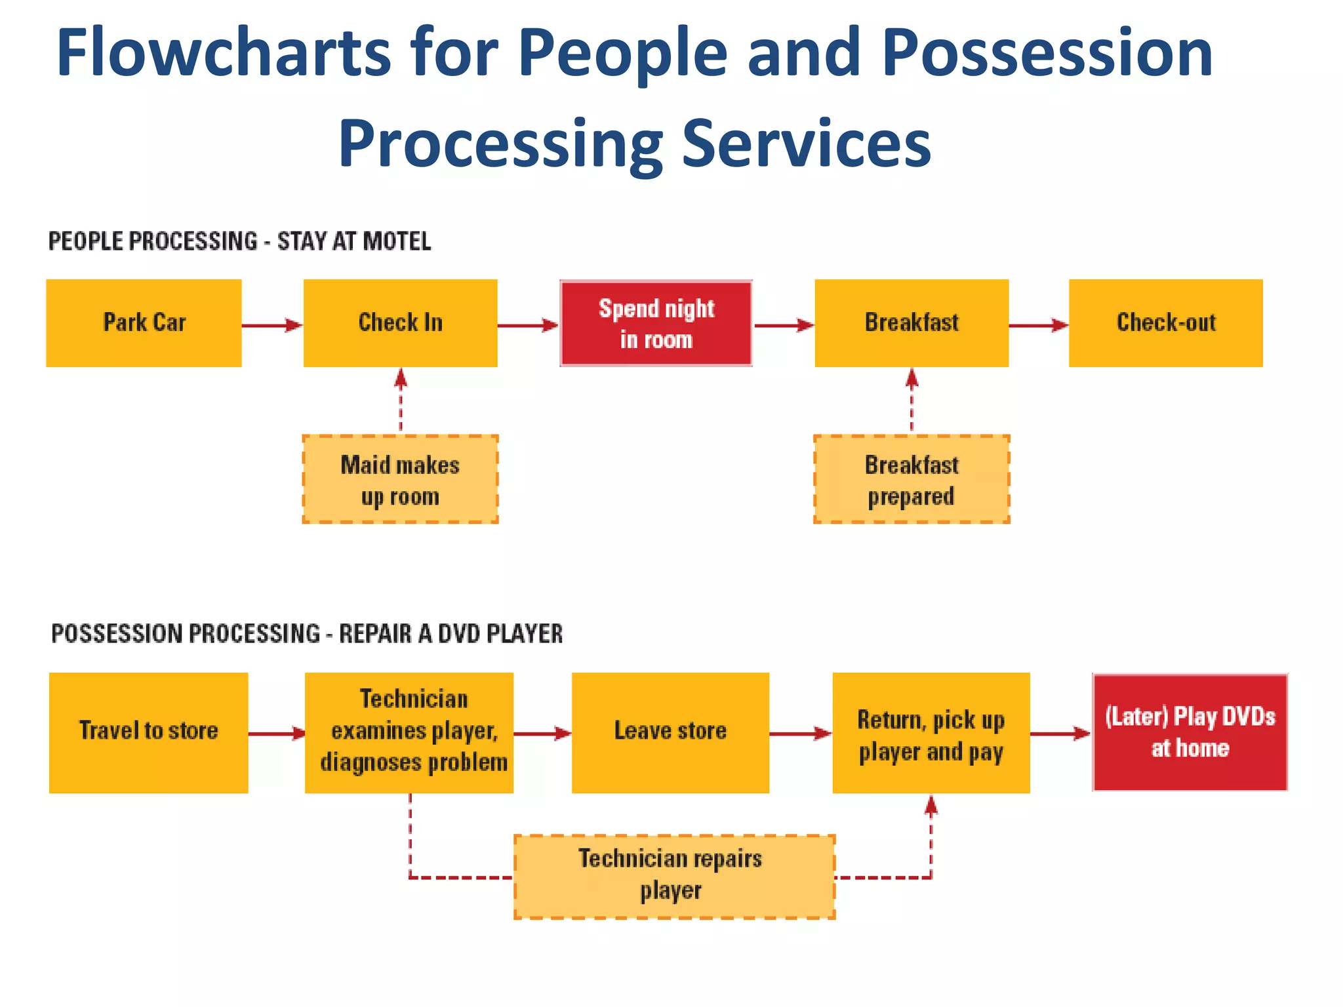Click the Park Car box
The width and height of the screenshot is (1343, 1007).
[144, 323]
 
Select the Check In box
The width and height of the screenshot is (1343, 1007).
[400, 323]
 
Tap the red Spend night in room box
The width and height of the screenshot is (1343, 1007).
[656, 323]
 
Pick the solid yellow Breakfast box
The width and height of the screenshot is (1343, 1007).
[912, 323]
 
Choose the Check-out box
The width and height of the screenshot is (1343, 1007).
[1165, 323]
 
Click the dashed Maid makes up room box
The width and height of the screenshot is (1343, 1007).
[400, 479]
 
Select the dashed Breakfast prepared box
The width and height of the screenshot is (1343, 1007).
[912, 479]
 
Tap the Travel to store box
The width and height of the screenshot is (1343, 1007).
[148, 732]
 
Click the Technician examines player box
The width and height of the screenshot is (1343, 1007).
[409, 732]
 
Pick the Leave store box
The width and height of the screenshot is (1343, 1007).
[670, 732]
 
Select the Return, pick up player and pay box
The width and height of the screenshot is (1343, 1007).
[931, 732]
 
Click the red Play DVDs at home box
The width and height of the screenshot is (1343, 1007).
[1190, 732]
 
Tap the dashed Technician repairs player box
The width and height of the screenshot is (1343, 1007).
[674, 877]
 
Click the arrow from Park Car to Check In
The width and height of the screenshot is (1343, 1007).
[271, 325]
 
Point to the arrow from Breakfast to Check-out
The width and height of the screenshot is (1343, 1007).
[1038, 325]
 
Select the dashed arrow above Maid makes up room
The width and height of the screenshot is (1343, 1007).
[401, 400]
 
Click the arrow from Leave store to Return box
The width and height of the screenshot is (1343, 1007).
[800, 734]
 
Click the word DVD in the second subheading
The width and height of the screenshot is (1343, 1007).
[460, 634]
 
